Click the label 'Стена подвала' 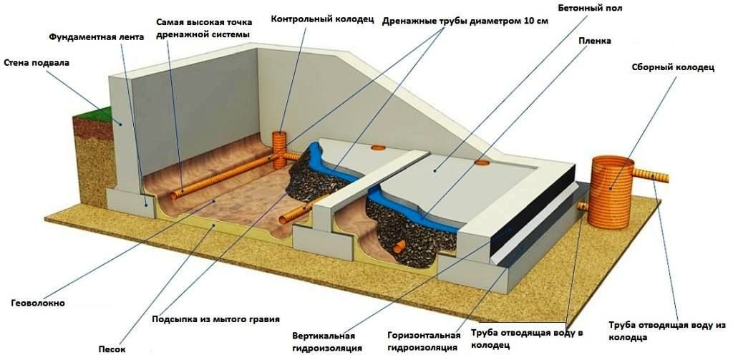36,63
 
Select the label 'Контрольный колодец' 322,19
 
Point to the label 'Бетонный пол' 590,9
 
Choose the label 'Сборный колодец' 673,67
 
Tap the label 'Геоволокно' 38,303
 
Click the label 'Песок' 112,349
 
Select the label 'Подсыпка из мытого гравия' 215,320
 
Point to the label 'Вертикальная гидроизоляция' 324,342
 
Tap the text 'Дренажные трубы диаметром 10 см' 465,21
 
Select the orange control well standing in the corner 279,149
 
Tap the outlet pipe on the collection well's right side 651,176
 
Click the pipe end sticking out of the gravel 398,246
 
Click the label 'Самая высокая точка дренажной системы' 204,28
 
